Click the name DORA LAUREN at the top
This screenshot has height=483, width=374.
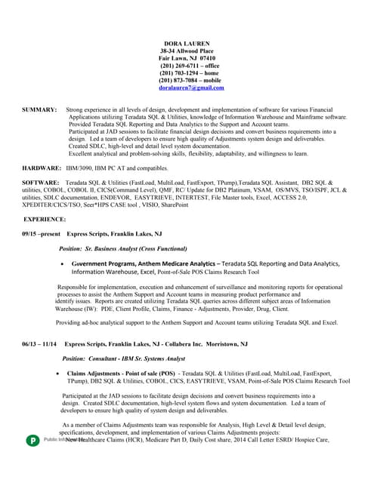pyautogui.click(x=187, y=42)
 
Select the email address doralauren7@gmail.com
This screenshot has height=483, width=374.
pyautogui.click(x=191, y=88)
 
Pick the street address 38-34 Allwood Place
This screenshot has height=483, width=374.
pyautogui.click(x=187, y=50)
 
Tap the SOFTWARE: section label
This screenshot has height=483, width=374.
pyautogui.click(x=40, y=183)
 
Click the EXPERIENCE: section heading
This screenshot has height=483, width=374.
pyautogui.click(x=45, y=219)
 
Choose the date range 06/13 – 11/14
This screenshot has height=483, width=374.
pyautogui.click(x=39, y=344)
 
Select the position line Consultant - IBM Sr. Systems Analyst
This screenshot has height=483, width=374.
pyautogui.click(x=134, y=358)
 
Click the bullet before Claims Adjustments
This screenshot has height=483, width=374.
pyautogui.click(x=59, y=374)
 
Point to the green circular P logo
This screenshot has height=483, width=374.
pyautogui.click(x=32, y=440)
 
